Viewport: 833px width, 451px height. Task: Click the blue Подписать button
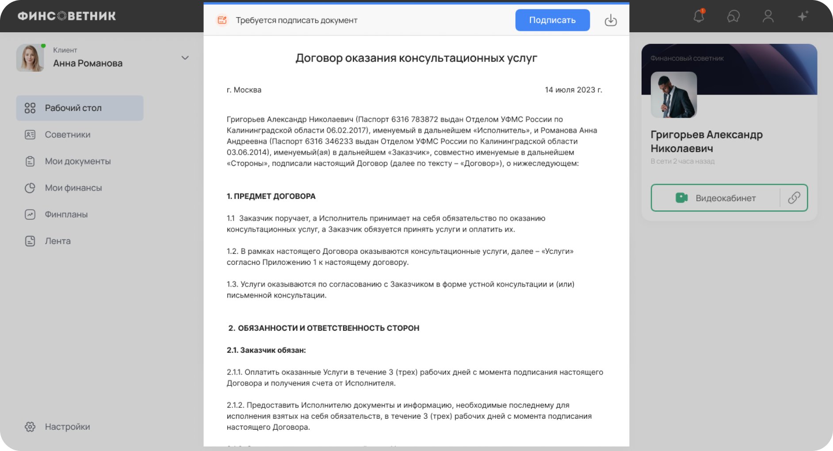click(552, 20)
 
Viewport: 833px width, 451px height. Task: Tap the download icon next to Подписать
click(611, 20)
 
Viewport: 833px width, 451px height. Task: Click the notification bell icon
click(699, 17)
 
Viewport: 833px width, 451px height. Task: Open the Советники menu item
click(67, 134)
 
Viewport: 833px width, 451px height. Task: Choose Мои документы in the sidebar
click(77, 161)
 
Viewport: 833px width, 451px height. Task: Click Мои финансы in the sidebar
click(73, 188)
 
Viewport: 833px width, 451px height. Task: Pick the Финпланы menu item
click(66, 214)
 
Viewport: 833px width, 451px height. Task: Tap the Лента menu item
click(57, 241)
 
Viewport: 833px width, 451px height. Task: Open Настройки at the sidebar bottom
click(67, 427)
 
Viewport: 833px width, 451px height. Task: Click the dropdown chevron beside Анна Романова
click(185, 58)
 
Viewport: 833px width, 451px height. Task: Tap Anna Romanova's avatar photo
click(30, 58)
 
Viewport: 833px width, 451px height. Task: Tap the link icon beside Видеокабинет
click(794, 198)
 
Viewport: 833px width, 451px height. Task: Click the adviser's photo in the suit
click(673, 95)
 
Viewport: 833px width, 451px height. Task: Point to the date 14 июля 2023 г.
click(573, 90)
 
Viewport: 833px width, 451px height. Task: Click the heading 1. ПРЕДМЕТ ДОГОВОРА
click(271, 196)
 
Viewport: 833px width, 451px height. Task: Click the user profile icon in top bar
click(768, 17)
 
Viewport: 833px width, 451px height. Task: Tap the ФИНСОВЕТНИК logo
click(67, 16)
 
